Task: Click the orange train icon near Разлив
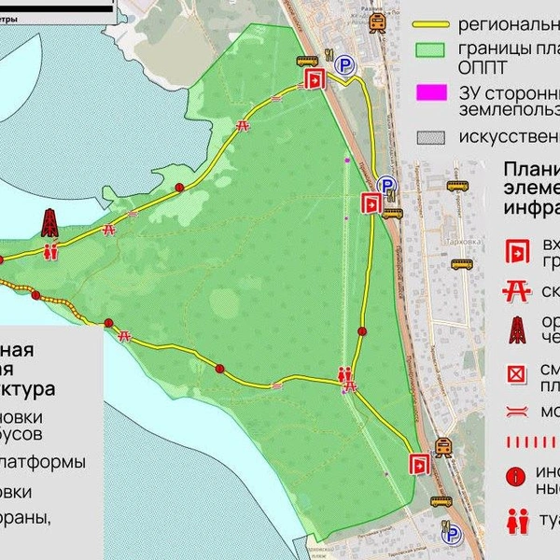[377, 25]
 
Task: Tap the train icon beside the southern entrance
[444, 446]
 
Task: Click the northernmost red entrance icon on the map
[315, 79]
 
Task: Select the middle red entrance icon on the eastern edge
[371, 203]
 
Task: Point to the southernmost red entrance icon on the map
[420, 463]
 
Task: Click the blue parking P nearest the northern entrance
[346, 64]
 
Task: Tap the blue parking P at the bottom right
[453, 535]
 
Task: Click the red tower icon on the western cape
[50, 224]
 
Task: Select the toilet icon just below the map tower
[50, 250]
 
